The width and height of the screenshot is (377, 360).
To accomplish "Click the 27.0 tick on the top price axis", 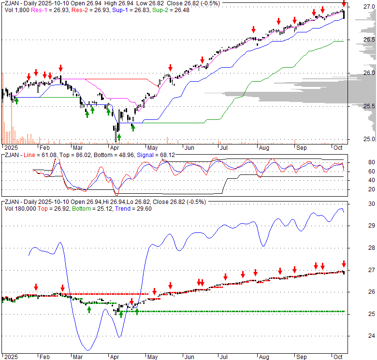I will click(369, 7).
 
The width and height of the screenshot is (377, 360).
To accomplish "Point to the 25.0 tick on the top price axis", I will click(369, 139).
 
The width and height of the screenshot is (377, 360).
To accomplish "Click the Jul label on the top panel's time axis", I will click(223, 146).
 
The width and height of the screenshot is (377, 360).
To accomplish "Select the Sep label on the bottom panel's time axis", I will click(301, 356).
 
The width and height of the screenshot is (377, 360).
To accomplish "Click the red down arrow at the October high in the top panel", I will click(344, 4).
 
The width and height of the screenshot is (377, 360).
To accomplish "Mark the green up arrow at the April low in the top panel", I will click(119, 136).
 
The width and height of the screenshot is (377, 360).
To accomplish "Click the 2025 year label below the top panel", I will click(9, 146).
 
